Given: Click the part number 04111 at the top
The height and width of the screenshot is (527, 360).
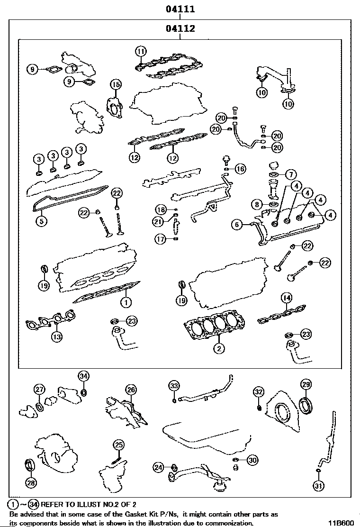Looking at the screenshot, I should pos(180,9).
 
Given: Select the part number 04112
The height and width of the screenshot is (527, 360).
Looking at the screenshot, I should pos(180,29).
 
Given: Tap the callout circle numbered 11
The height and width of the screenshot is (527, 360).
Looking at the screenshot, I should pos(141,51).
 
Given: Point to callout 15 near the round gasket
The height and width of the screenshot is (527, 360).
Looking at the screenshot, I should pos(116,84).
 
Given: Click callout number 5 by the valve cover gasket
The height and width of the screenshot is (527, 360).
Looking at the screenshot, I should pos(41,220).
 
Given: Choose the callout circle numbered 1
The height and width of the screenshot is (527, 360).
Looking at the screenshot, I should pos(125,301).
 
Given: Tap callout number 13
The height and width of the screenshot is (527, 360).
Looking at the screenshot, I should pos(56,337).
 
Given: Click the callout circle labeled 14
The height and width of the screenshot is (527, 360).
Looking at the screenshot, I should pos(286,298).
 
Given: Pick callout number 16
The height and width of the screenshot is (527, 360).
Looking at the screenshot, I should pos(240,168).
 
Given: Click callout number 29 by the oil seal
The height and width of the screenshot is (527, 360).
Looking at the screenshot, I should pos(306,384).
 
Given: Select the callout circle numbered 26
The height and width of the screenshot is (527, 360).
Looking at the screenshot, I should pos(131,390).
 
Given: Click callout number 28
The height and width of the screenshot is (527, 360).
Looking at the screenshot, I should pos(31,482).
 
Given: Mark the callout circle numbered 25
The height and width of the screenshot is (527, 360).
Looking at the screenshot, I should pos(119,445).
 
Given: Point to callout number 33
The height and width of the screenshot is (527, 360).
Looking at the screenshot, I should pos(174,386).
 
